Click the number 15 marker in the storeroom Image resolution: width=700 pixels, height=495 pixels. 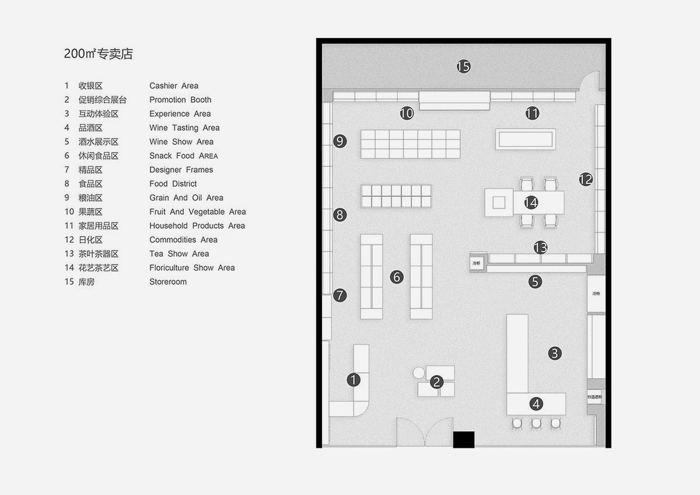463,67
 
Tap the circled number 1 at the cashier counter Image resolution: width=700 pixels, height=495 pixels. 353,381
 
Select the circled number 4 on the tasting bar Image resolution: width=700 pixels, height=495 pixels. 536,403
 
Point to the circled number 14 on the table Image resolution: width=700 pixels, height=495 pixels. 530,203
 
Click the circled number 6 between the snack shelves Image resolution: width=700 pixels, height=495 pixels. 397,277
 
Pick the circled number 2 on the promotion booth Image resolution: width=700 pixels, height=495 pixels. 436,383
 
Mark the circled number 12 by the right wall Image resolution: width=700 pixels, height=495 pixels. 586,180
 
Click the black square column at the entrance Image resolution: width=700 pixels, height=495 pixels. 464,440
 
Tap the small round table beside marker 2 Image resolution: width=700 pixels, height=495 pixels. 419,372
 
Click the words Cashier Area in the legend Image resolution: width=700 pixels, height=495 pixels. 174,86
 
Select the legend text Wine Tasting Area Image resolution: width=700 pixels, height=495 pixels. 184,128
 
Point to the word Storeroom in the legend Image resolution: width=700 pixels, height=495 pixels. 168,282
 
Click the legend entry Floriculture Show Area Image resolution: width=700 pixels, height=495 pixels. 192,268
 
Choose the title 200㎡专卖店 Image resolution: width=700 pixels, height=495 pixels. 99,54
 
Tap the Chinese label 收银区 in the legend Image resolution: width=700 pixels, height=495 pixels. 90,86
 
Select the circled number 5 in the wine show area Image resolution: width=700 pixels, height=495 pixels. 535,282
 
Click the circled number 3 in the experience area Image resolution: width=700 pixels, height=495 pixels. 555,353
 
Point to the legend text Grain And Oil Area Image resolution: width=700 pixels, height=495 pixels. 186,198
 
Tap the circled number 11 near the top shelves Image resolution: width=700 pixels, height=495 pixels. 532,113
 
